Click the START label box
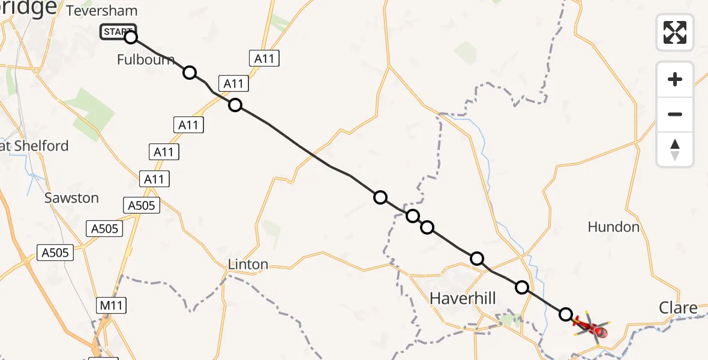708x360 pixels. [x=118, y=32]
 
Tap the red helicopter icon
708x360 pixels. [x=592, y=328]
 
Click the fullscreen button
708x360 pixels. [x=675, y=32]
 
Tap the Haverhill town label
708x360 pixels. [x=462, y=298]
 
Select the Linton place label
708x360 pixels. [x=248, y=265]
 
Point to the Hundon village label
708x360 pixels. [x=614, y=227]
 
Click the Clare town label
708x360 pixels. [x=678, y=308]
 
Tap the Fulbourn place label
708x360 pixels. [x=146, y=59]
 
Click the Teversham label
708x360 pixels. [x=102, y=11]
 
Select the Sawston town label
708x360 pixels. [x=71, y=198]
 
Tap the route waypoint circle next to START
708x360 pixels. [x=131, y=37]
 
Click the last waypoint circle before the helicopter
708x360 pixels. [x=566, y=314]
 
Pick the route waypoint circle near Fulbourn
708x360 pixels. [x=190, y=73]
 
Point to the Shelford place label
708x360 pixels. [x=37, y=146]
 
